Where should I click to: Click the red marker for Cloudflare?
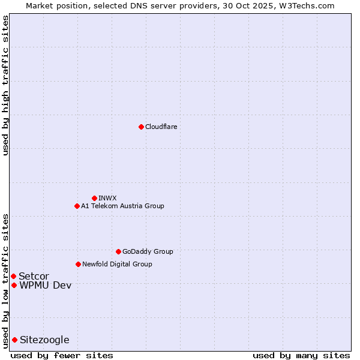pos(141,127)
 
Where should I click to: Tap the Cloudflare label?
pos(161,127)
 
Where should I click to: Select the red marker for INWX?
pos(94,198)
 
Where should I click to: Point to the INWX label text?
pos(107,198)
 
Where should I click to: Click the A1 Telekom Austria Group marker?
pos(77,206)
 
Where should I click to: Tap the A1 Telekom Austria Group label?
pos(122,206)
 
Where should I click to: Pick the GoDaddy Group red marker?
pos(118,251)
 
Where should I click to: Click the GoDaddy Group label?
pos(148,251)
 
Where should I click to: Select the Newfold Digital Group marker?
pos(78,264)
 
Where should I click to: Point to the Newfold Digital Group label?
pos(117,264)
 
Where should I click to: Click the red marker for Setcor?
pos(13,276)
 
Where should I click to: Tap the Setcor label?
pos(34,276)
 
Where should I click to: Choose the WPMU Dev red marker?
pos(14,285)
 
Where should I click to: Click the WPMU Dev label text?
pos(45,285)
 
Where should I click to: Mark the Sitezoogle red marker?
pos(14,340)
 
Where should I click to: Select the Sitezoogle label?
pos(44,340)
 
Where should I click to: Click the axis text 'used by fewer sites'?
pos(62,355)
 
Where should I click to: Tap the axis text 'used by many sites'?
pos(301,355)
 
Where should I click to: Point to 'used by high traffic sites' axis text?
pos(5,86)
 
